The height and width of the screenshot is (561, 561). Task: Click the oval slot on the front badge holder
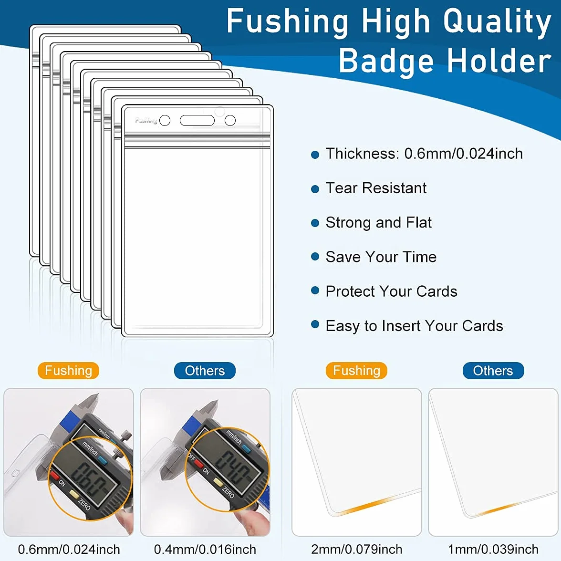197,121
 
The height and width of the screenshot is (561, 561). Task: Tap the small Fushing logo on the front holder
146,121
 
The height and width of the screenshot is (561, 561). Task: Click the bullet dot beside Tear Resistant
315,189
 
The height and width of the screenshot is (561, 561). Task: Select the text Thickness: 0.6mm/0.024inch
424,154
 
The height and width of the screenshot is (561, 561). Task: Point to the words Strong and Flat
379,222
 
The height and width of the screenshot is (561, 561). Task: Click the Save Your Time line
381,257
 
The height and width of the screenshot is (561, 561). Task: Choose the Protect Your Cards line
391,291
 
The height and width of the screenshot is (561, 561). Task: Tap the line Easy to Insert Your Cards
414,326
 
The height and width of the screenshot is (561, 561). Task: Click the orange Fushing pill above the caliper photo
68,371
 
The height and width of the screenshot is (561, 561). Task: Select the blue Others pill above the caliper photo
205,371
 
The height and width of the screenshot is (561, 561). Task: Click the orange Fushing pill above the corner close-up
356,371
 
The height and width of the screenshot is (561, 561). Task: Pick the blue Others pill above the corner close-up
493,371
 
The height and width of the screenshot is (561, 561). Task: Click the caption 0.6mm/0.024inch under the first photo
69,549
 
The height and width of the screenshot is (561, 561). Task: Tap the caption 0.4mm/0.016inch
205,549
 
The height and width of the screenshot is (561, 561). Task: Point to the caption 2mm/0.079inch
357,549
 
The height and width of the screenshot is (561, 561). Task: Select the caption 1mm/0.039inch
493,549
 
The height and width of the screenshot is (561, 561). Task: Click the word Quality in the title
497,22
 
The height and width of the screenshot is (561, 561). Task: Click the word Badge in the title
386,61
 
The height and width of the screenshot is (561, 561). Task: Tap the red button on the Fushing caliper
54,476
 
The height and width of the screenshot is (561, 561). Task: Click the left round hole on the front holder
165,121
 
